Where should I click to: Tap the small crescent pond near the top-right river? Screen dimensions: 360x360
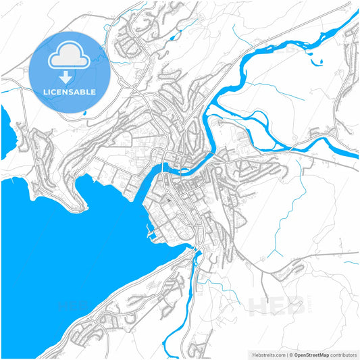point(319,63)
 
